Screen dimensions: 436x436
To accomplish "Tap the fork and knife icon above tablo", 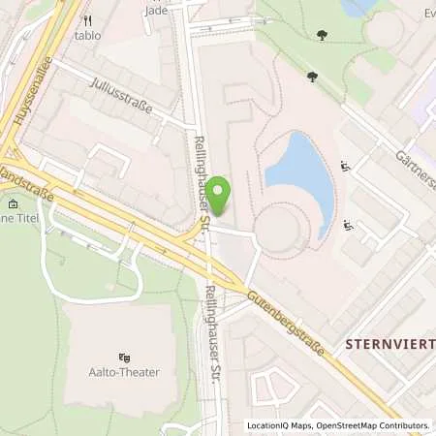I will point(88,19).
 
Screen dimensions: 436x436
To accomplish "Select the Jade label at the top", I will point(155,11).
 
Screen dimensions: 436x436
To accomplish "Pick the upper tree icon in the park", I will point(322,35).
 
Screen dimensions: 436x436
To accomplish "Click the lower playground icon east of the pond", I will point(349,227).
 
